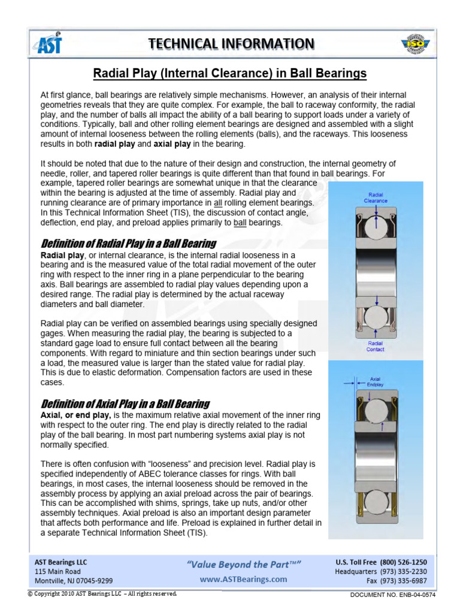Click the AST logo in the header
[49, 44]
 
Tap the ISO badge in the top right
[413, 44]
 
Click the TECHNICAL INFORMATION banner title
[231, 44]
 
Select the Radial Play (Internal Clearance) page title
[230, 74]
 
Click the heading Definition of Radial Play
[128, 243]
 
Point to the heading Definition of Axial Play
[125, 403]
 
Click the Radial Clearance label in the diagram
[376, 198]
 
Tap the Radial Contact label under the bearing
[375, 346]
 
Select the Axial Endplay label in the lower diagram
[376, 381]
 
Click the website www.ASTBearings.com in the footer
[243, 579]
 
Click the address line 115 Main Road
[58, 571]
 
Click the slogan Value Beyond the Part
[244, 565]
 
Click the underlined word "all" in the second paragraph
[219, 203]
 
